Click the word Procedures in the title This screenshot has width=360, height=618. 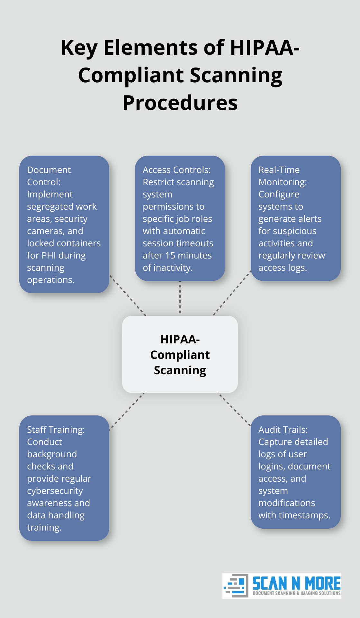pyautogui.click(x=180, y=103)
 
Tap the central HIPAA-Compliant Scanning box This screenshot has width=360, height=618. pyautogui.click(x=180, y=354)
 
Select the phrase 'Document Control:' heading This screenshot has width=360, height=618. pyautogui.click(x=49, y=176)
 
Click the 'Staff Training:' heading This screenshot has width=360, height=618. pyautogui.click(x=56, y=430)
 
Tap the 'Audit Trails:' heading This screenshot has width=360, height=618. pyautogui.click(x=283, y=430)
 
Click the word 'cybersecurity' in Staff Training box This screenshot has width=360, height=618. pyautogui.click(x=55, y=491)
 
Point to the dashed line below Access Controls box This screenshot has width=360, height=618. pyautogui.click(x=180, y=297)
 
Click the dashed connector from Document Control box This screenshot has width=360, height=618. pyautogui.click(x=128, y=295)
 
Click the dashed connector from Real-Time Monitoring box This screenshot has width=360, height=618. pyautogui.click(x=232, y=293)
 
